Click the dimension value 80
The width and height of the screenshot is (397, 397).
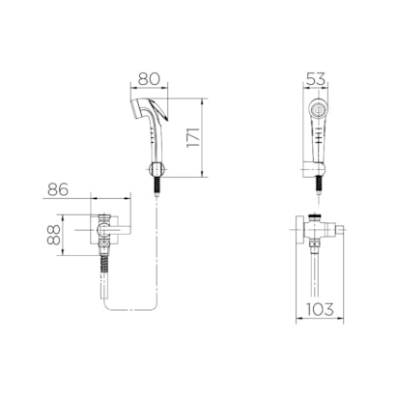[149, 79]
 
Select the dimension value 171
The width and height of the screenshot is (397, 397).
[193, 137]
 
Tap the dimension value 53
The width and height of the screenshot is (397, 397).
[316, 79]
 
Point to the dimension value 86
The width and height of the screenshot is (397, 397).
[58, 189]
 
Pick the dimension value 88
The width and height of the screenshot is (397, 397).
[54, 235]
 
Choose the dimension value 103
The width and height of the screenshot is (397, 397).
[320, 309]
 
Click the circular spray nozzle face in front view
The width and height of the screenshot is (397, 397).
[319, 109]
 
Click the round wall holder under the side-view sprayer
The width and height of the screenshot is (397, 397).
[156, 169]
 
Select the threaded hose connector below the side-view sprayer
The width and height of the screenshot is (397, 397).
[156, 185]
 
